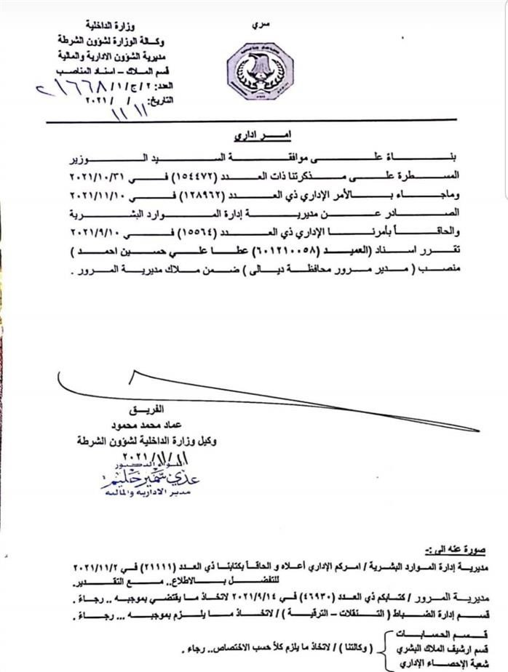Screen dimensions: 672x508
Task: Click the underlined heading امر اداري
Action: [258, 135]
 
